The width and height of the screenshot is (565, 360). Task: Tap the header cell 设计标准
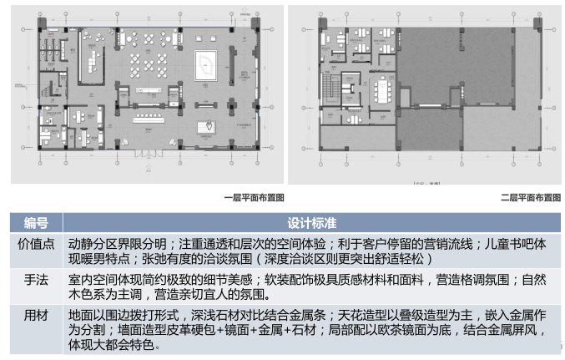312,223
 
